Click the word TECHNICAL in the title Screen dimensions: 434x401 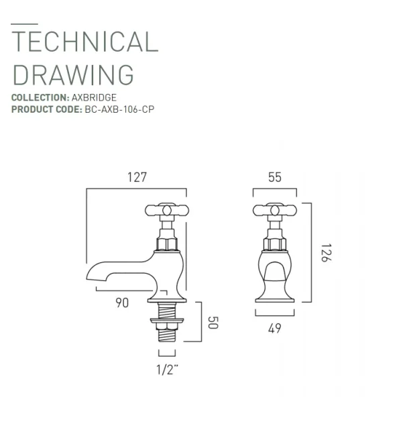coord(84,42)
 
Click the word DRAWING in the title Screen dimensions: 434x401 coord(73,74)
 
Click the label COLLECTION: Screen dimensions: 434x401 coord(40,98)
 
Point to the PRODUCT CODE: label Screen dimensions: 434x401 coord(46,109)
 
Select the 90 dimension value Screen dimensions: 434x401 coord(121,303)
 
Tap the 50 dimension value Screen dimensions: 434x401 coord(214,322)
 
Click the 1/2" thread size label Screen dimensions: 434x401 coord(167,368)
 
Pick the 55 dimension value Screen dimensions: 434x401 coord(274,178)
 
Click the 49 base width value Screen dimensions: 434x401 coord(274,328)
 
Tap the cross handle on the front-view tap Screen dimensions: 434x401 coord(274,211)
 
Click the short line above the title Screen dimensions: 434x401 coord(24,24)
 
